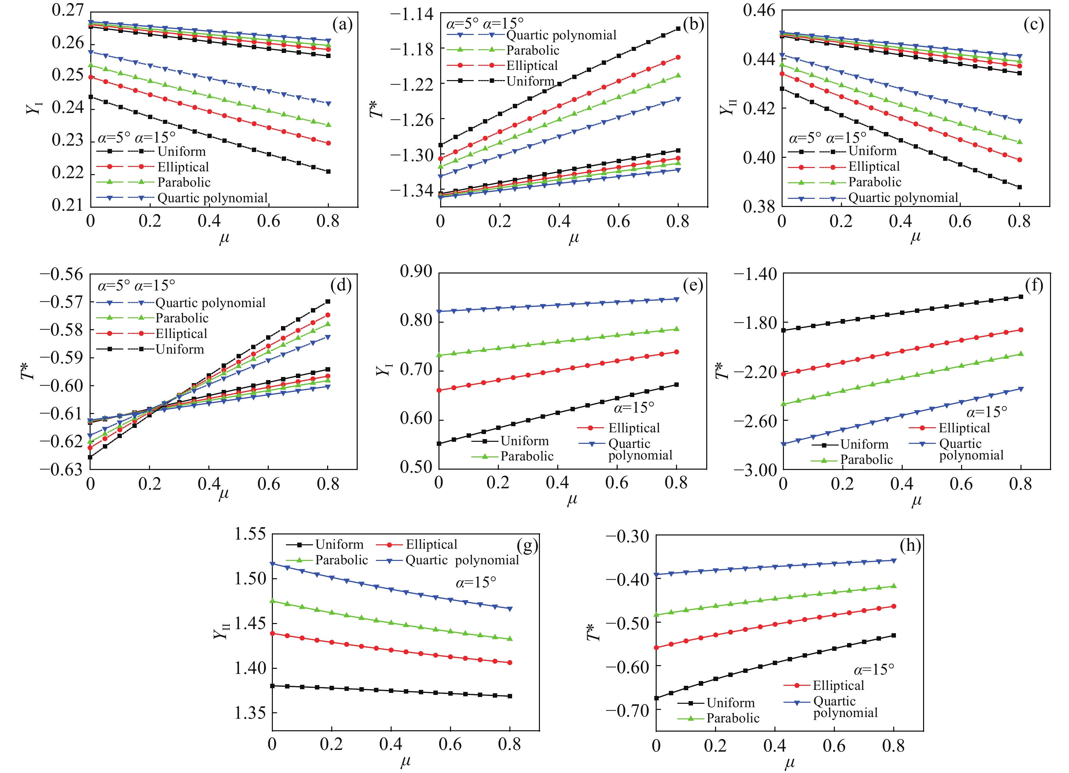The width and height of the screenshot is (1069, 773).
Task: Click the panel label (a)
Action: pyautogui.click(x=342, y=24)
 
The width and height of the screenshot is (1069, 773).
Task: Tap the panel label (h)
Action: pyautogui.click(x=910, y=546)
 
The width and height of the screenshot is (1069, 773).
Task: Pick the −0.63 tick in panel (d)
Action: pyautogui.click(x=61, y=469)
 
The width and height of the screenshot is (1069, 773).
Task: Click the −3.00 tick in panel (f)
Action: pyautogui.click(x=755, y=470)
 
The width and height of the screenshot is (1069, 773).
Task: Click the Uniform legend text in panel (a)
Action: pyautogui.click(x=182, y=151)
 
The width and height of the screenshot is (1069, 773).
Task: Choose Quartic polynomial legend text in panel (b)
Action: pyautogui.click(x=561, y=35)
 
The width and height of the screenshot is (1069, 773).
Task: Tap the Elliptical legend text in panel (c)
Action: pyautogui.click(x=874, y=166)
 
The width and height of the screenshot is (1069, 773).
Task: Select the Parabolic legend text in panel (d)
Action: pyautogui.click(x=182, y=318)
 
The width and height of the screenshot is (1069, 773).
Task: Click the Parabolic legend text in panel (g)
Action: pyautogui.click(x=342, y=560)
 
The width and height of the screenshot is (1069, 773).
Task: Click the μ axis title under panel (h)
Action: pyautogui.click(x=789, y=762)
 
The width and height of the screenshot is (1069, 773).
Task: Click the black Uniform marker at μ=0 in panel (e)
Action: pyautogui.click(x=439, y=444)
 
